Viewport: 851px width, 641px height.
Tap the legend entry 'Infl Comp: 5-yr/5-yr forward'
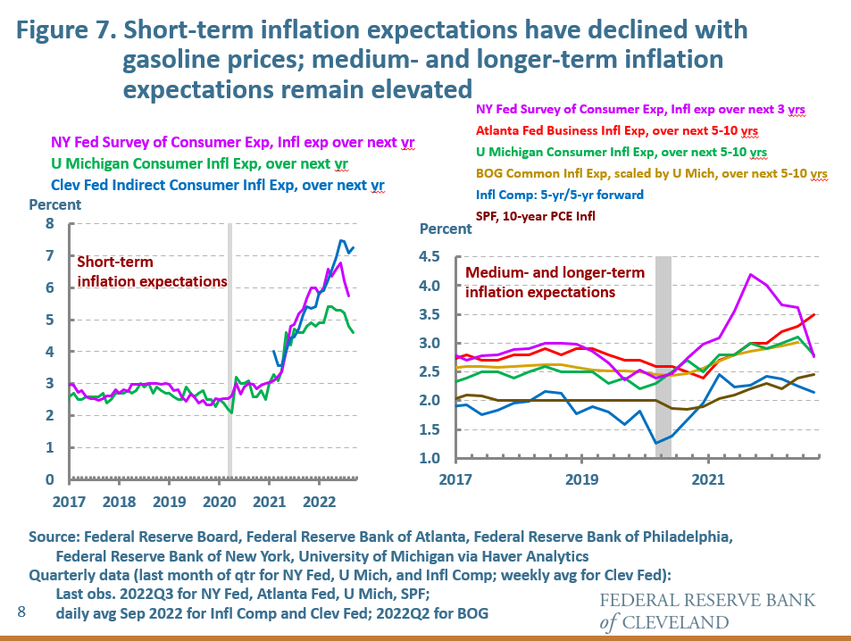pos(552,195)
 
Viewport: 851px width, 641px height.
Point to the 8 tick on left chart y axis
pos(51,223)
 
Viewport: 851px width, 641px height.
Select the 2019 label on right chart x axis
pos(581,479)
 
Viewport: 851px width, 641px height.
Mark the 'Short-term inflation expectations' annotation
pos(152,271)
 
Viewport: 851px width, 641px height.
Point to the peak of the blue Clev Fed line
pos(341,240)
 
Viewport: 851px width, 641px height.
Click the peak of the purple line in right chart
pos(751,274)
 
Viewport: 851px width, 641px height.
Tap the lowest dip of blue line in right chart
pos(657,443)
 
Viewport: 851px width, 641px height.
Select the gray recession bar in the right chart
pos(663,357)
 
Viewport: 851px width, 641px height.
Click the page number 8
pos(21,612)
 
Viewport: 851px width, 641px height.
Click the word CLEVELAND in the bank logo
pos(679,622)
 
